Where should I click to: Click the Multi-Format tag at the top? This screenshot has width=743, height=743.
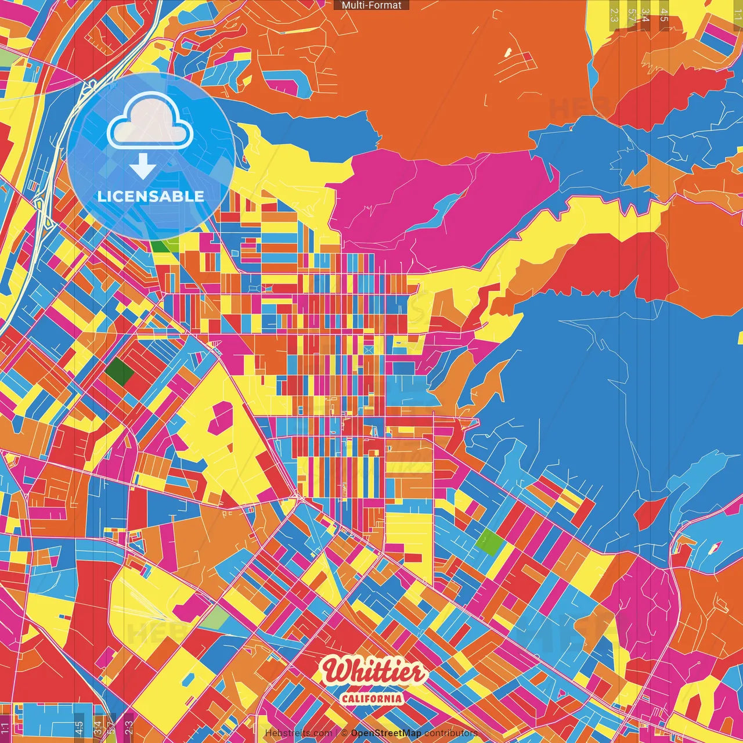[x=371, y=5]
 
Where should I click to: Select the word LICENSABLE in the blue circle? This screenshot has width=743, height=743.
[x=151, y=196]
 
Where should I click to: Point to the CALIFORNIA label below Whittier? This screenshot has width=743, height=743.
[x=372, y=698]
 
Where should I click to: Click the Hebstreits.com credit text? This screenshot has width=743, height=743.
[x=298, y=733]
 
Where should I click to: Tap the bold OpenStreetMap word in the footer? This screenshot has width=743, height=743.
[x=385, y=733]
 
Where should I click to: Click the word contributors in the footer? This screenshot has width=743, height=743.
[x=450, y=733]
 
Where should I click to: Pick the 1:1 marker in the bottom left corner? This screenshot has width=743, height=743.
[x=5, y=727]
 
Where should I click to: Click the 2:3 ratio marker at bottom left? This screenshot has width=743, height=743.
[x=129, y=727]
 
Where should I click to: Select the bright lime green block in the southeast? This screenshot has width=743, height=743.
[x=490, y=543]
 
